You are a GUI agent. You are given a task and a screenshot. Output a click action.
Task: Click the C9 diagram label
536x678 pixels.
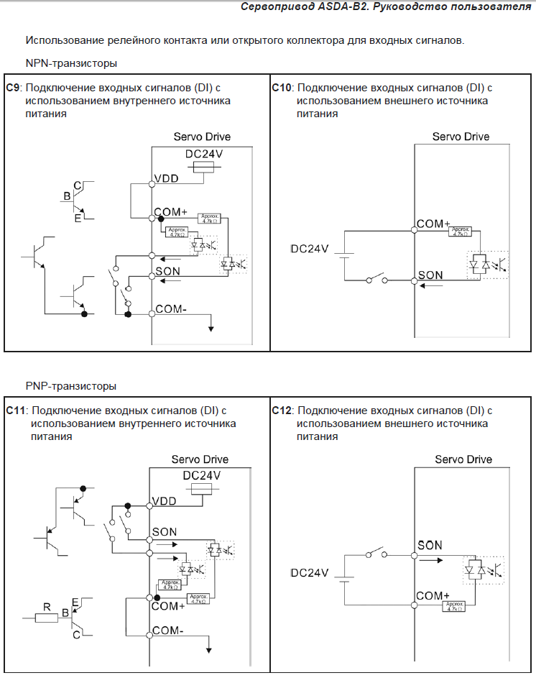pyautogui.click(x=13, y=88)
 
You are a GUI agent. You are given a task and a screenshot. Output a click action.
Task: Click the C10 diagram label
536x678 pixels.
pyautogui.click(x=282, y=88)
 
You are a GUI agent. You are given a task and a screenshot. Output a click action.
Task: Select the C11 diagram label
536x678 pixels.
pyautogui.click(x=16, y=411)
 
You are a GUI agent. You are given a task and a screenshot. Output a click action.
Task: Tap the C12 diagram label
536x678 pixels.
pyautogui.click(x=282, y=411)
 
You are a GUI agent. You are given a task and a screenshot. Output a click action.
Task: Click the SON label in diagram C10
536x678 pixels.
pyautogui.click(x=430, y=275)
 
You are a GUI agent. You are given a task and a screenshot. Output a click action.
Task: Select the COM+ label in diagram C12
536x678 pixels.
pyautogui.click(x=433, y=596)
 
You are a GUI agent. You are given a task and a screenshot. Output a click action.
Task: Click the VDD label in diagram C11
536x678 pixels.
pyautogui.click(x=165, y=501)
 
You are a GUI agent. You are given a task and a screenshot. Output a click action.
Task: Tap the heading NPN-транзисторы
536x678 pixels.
pyautogui.click(x=71, y=63)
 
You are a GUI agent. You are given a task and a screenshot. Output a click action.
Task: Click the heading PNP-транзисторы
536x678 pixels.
pyautogui.click(x=71, y=386)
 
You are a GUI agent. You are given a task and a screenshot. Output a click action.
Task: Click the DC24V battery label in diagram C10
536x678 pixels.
pyautogui.click(x=310, y=249)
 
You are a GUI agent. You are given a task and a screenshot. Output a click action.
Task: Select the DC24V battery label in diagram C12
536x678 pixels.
pyautogui.click(x=310, y=573)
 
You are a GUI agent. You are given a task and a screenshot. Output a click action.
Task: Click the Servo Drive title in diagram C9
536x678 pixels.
pyautogui.click(x=202, y=137)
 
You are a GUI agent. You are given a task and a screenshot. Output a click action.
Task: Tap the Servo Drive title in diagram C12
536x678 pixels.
pyautogui.click(x=463, y=459)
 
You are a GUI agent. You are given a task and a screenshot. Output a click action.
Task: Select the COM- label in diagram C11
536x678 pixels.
pyautogui.click(x=169, y=631)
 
